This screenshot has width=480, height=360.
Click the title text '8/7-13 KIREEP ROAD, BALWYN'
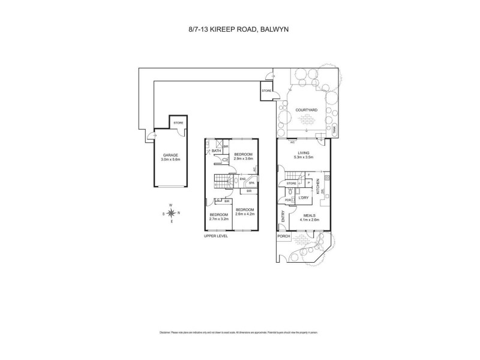(239, 27)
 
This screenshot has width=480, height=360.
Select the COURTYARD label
(307, 110)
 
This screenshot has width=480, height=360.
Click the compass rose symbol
(171, 213)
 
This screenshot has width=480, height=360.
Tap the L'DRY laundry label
(304, 197)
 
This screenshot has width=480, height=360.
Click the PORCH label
(284, 236)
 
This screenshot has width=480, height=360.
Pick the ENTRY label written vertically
(281, 215)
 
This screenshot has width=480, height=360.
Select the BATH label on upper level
(217, 151)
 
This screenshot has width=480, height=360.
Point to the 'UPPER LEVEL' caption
(217, 236)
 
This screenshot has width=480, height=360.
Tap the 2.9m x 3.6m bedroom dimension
(243, 159)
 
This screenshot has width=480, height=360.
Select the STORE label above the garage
(178, 123)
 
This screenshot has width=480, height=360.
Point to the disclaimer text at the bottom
(239, 332)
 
